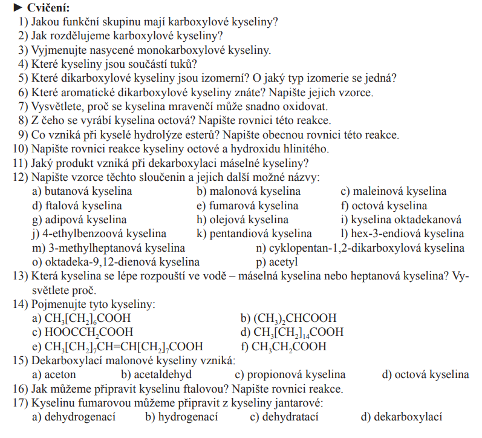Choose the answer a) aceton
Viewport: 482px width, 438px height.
(x=54, y=374)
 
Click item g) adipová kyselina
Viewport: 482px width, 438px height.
(x=79, y=220)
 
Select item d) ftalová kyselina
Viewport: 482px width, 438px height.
(x=77, y=206)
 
